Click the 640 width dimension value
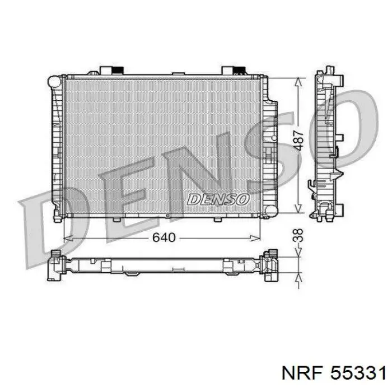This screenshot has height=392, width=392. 164,237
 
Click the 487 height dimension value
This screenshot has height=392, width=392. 298,140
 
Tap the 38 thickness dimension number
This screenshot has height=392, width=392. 298,235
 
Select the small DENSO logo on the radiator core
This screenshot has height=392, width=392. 218,199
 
